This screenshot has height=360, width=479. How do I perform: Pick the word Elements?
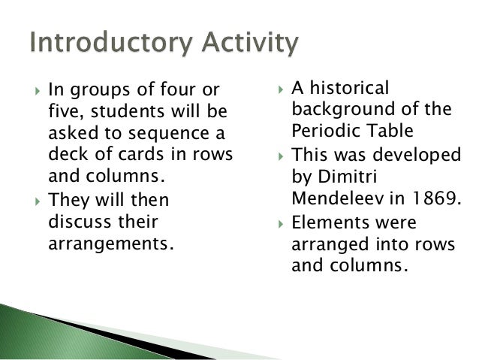[x=327, y=223]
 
